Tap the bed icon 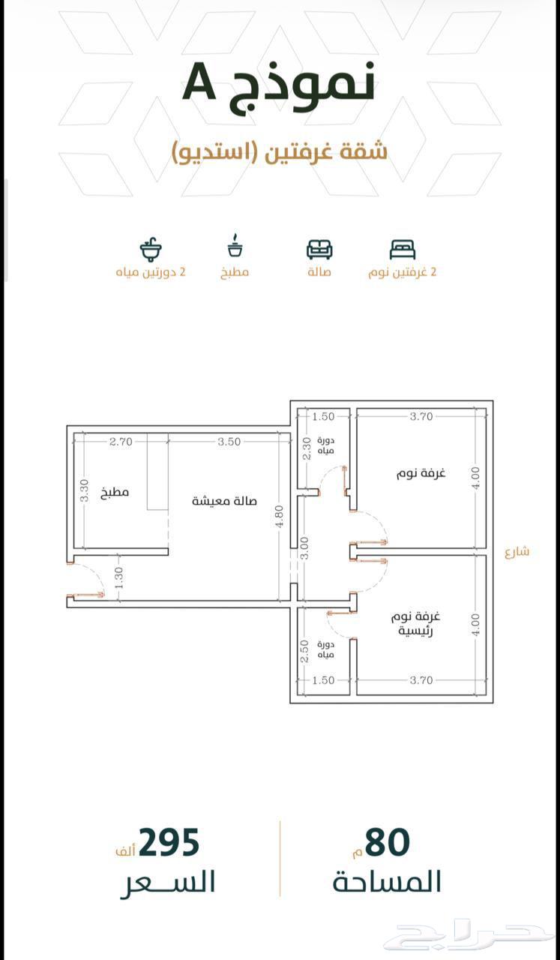click(x=403, y=249)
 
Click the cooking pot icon click(x=235, y=245)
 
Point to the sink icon click(x=151, y=248)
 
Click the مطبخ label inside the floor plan click(x=115, y=493)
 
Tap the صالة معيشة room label click(x=224, y=501)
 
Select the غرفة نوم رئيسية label click(x=415, y=623)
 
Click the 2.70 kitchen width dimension click(x=121, y=442)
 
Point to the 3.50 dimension click(x=229, y=442)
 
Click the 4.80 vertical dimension click(x=280, y=517)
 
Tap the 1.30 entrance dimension click(x=119, y=577)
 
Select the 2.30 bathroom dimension click(x=307, y=448)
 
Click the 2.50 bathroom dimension click(x=304, y=652)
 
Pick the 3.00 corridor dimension click(x=304, y=548)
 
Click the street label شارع click(x=517, y=552)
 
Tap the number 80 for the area click(x=388, y=842)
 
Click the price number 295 click(x=169, y=842)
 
